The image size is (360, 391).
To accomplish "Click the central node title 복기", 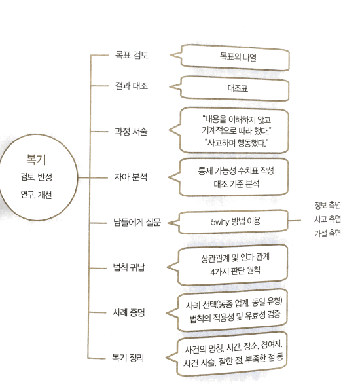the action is pos(36,160).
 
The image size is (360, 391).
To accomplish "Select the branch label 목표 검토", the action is pos(132,55).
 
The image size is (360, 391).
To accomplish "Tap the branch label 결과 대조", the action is pos(132,86).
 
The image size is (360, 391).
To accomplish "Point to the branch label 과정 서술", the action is pos(131,131).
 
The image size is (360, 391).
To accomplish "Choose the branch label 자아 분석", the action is pos(130,177).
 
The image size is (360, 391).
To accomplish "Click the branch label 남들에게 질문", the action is pos(137,222).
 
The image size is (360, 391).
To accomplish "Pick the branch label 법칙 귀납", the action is pos(129,268).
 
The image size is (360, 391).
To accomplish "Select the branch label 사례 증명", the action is pos(128,312).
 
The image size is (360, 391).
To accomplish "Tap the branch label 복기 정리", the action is pos(128,358).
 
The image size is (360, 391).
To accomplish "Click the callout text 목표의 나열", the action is pos(238,57).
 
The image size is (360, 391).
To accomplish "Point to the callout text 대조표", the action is pos(238,88).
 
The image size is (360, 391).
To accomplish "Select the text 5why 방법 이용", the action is pos(236,221).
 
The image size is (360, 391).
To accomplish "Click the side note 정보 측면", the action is pos(327,205).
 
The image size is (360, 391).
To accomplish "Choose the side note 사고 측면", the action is pos(327,219).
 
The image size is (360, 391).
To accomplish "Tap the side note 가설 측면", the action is pos(327,233).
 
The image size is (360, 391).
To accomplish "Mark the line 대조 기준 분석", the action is pos(236,184).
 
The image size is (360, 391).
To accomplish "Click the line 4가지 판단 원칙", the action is pos(236,270).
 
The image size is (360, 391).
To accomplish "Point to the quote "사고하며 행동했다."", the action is pos(236,143).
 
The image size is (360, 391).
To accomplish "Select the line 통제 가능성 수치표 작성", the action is pos(236,171).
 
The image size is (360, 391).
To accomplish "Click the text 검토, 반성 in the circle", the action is pos(37,177).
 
